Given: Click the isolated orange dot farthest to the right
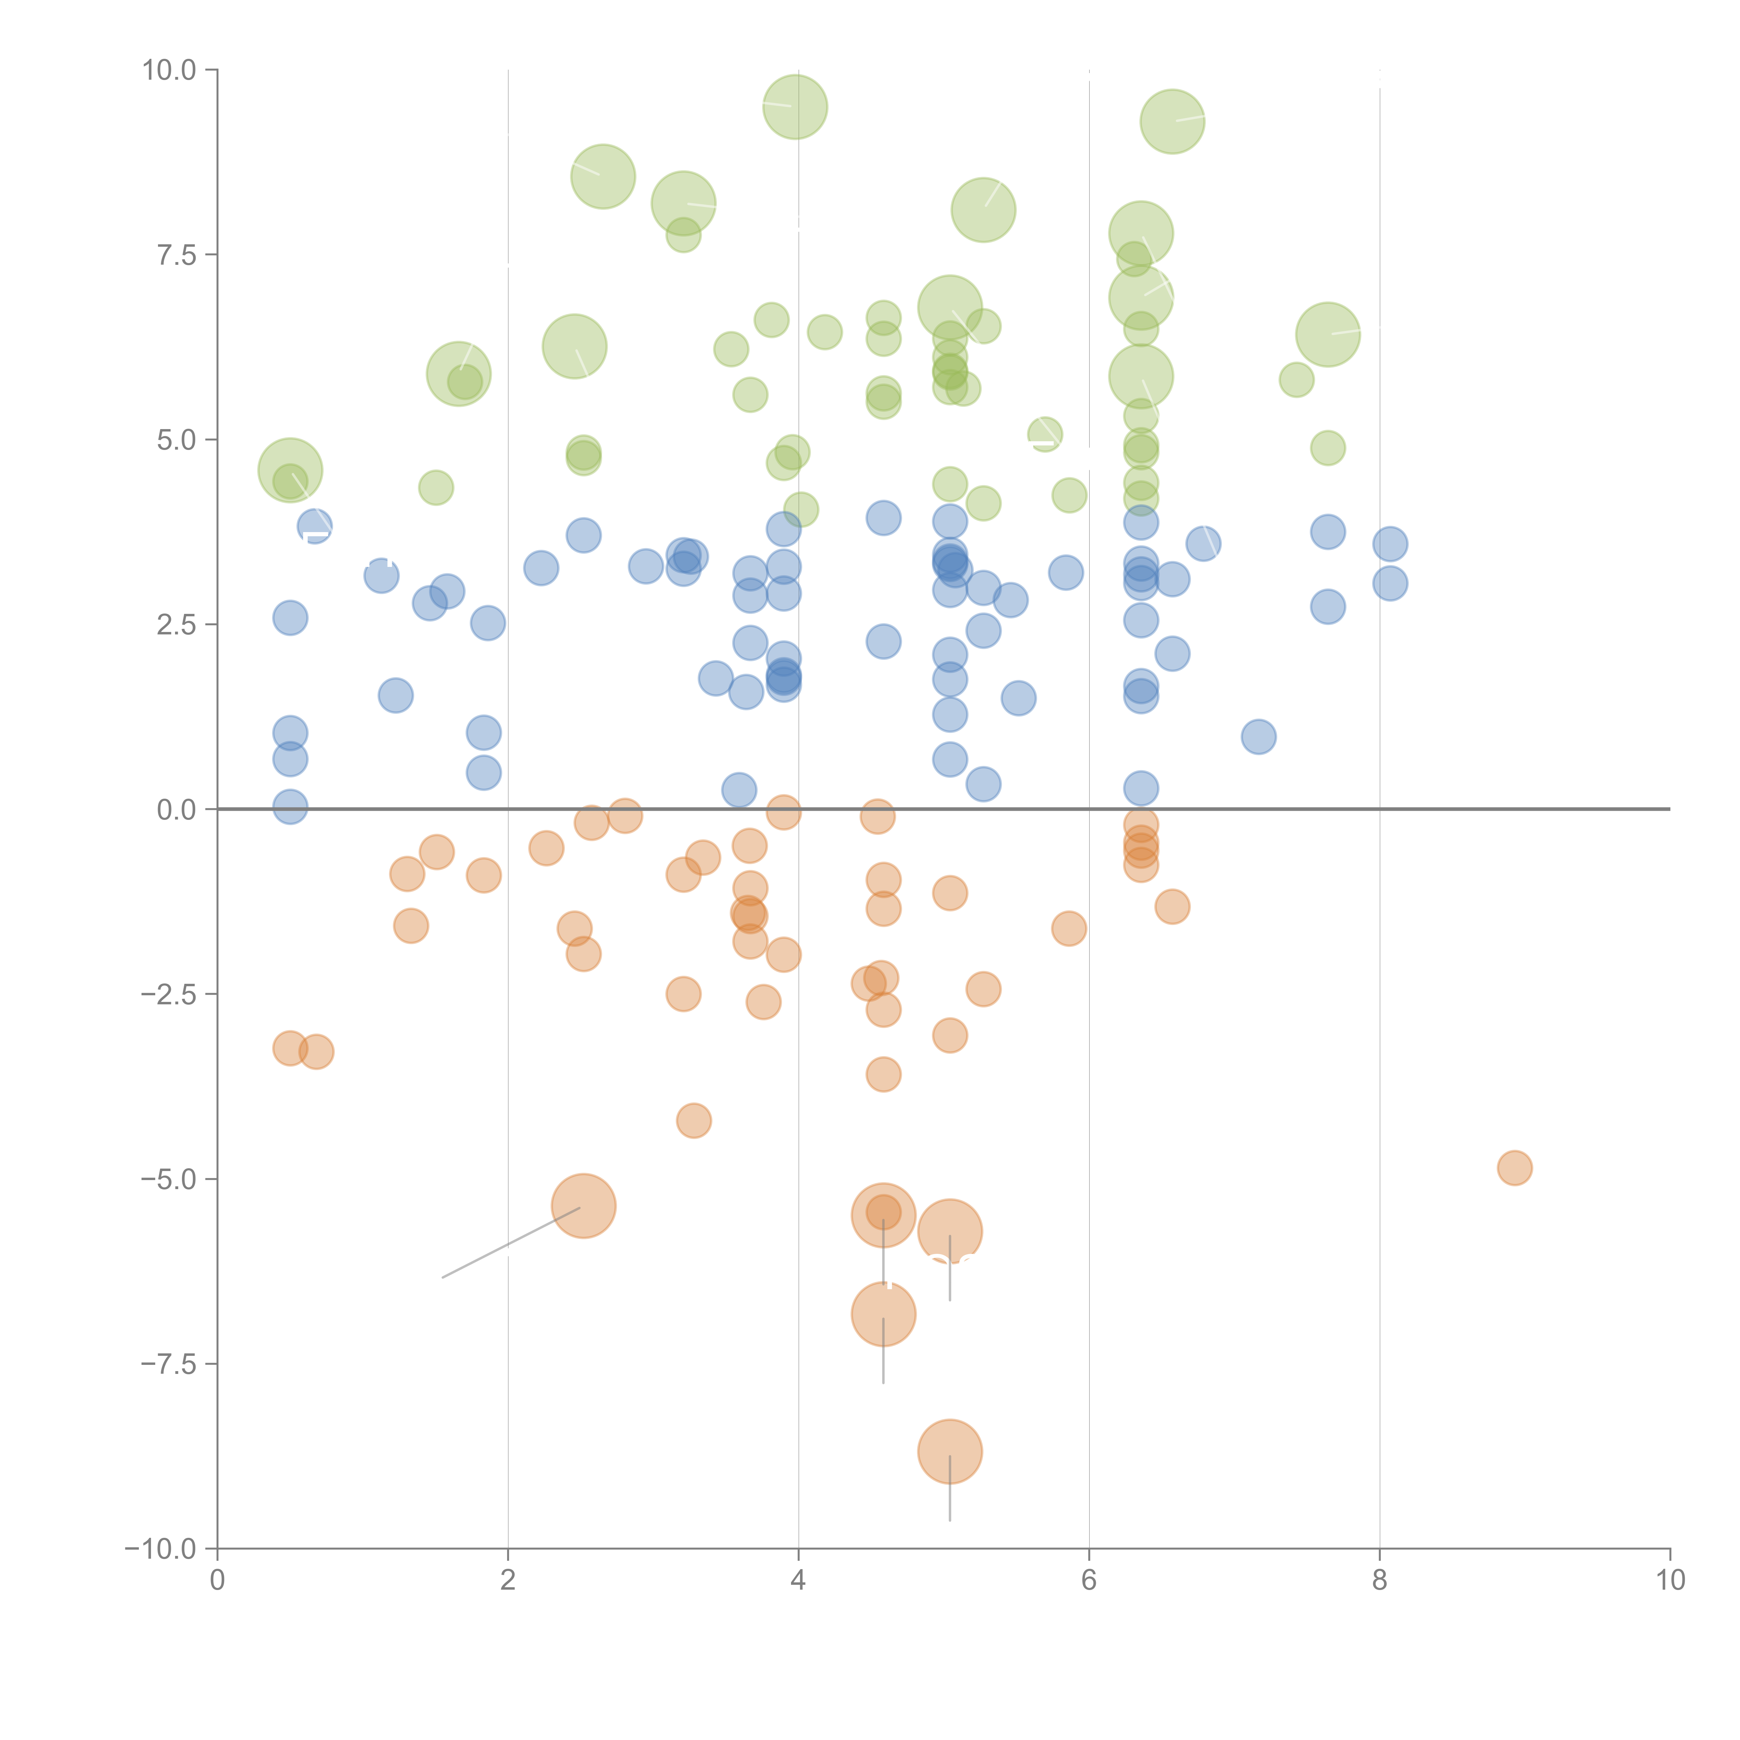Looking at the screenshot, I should point(1514,1168).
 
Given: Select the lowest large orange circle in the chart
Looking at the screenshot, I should point(949,1452).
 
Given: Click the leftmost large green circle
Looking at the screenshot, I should point(290,470).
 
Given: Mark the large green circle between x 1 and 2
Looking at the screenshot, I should point(458,374).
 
